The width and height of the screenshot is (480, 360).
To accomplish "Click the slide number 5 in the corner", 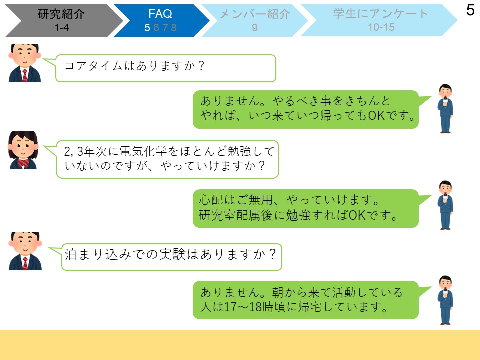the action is click(470, 10).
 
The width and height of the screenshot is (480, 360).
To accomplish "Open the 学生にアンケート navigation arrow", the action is click(379, 21).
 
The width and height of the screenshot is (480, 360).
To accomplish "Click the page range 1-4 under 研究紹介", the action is click(62, 28).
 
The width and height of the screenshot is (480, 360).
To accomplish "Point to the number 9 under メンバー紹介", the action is click(255, 28).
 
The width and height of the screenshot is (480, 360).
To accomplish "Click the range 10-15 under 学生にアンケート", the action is click(381, 27).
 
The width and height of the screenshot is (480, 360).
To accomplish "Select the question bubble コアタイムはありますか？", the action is click(165, 68).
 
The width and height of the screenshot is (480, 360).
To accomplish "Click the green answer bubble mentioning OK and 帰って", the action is click(306, 109).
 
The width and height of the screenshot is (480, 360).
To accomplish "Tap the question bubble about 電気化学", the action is click(167, 159).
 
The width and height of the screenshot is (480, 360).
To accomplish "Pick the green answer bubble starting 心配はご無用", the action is click(306, 208).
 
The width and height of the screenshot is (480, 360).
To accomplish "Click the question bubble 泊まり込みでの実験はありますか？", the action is click(171, 257).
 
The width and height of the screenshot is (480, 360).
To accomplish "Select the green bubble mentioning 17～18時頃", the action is click(306, 300).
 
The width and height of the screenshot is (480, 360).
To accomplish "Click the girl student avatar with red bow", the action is click(23, 150).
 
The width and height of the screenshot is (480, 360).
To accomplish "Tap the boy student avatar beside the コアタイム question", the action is click(25, 63).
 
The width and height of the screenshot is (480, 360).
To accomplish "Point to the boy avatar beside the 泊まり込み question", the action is click(25, 251).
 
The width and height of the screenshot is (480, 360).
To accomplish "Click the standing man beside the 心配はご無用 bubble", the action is click(445, 205).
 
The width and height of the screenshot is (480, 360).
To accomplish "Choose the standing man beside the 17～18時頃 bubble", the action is click(445, 300).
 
